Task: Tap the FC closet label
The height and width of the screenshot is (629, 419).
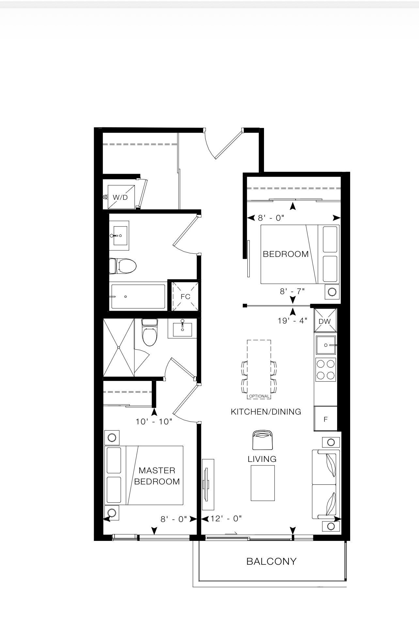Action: point(185,297)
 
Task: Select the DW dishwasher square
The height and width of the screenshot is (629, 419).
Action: point(325,321)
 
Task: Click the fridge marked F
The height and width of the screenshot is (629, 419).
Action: point(325,419)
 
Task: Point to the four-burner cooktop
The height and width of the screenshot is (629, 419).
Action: point(326,369)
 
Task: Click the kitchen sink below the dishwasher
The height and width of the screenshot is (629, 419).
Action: point(326,345)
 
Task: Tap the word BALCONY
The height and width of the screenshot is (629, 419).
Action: point(272,561)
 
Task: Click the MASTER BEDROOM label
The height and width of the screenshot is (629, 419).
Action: point(157,476)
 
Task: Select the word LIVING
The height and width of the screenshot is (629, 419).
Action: point(262,459)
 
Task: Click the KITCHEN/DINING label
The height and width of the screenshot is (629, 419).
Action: point(266,412)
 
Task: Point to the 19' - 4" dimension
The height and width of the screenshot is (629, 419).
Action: point(293,321)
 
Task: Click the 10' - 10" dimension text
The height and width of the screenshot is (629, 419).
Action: point(154,421)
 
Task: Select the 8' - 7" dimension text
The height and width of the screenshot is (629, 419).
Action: point(292,291)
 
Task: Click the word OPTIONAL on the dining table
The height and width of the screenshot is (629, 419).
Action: point(259,396)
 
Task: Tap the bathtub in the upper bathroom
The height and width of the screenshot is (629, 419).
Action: point(138,296)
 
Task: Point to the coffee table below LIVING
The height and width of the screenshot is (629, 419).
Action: point(263,483)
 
